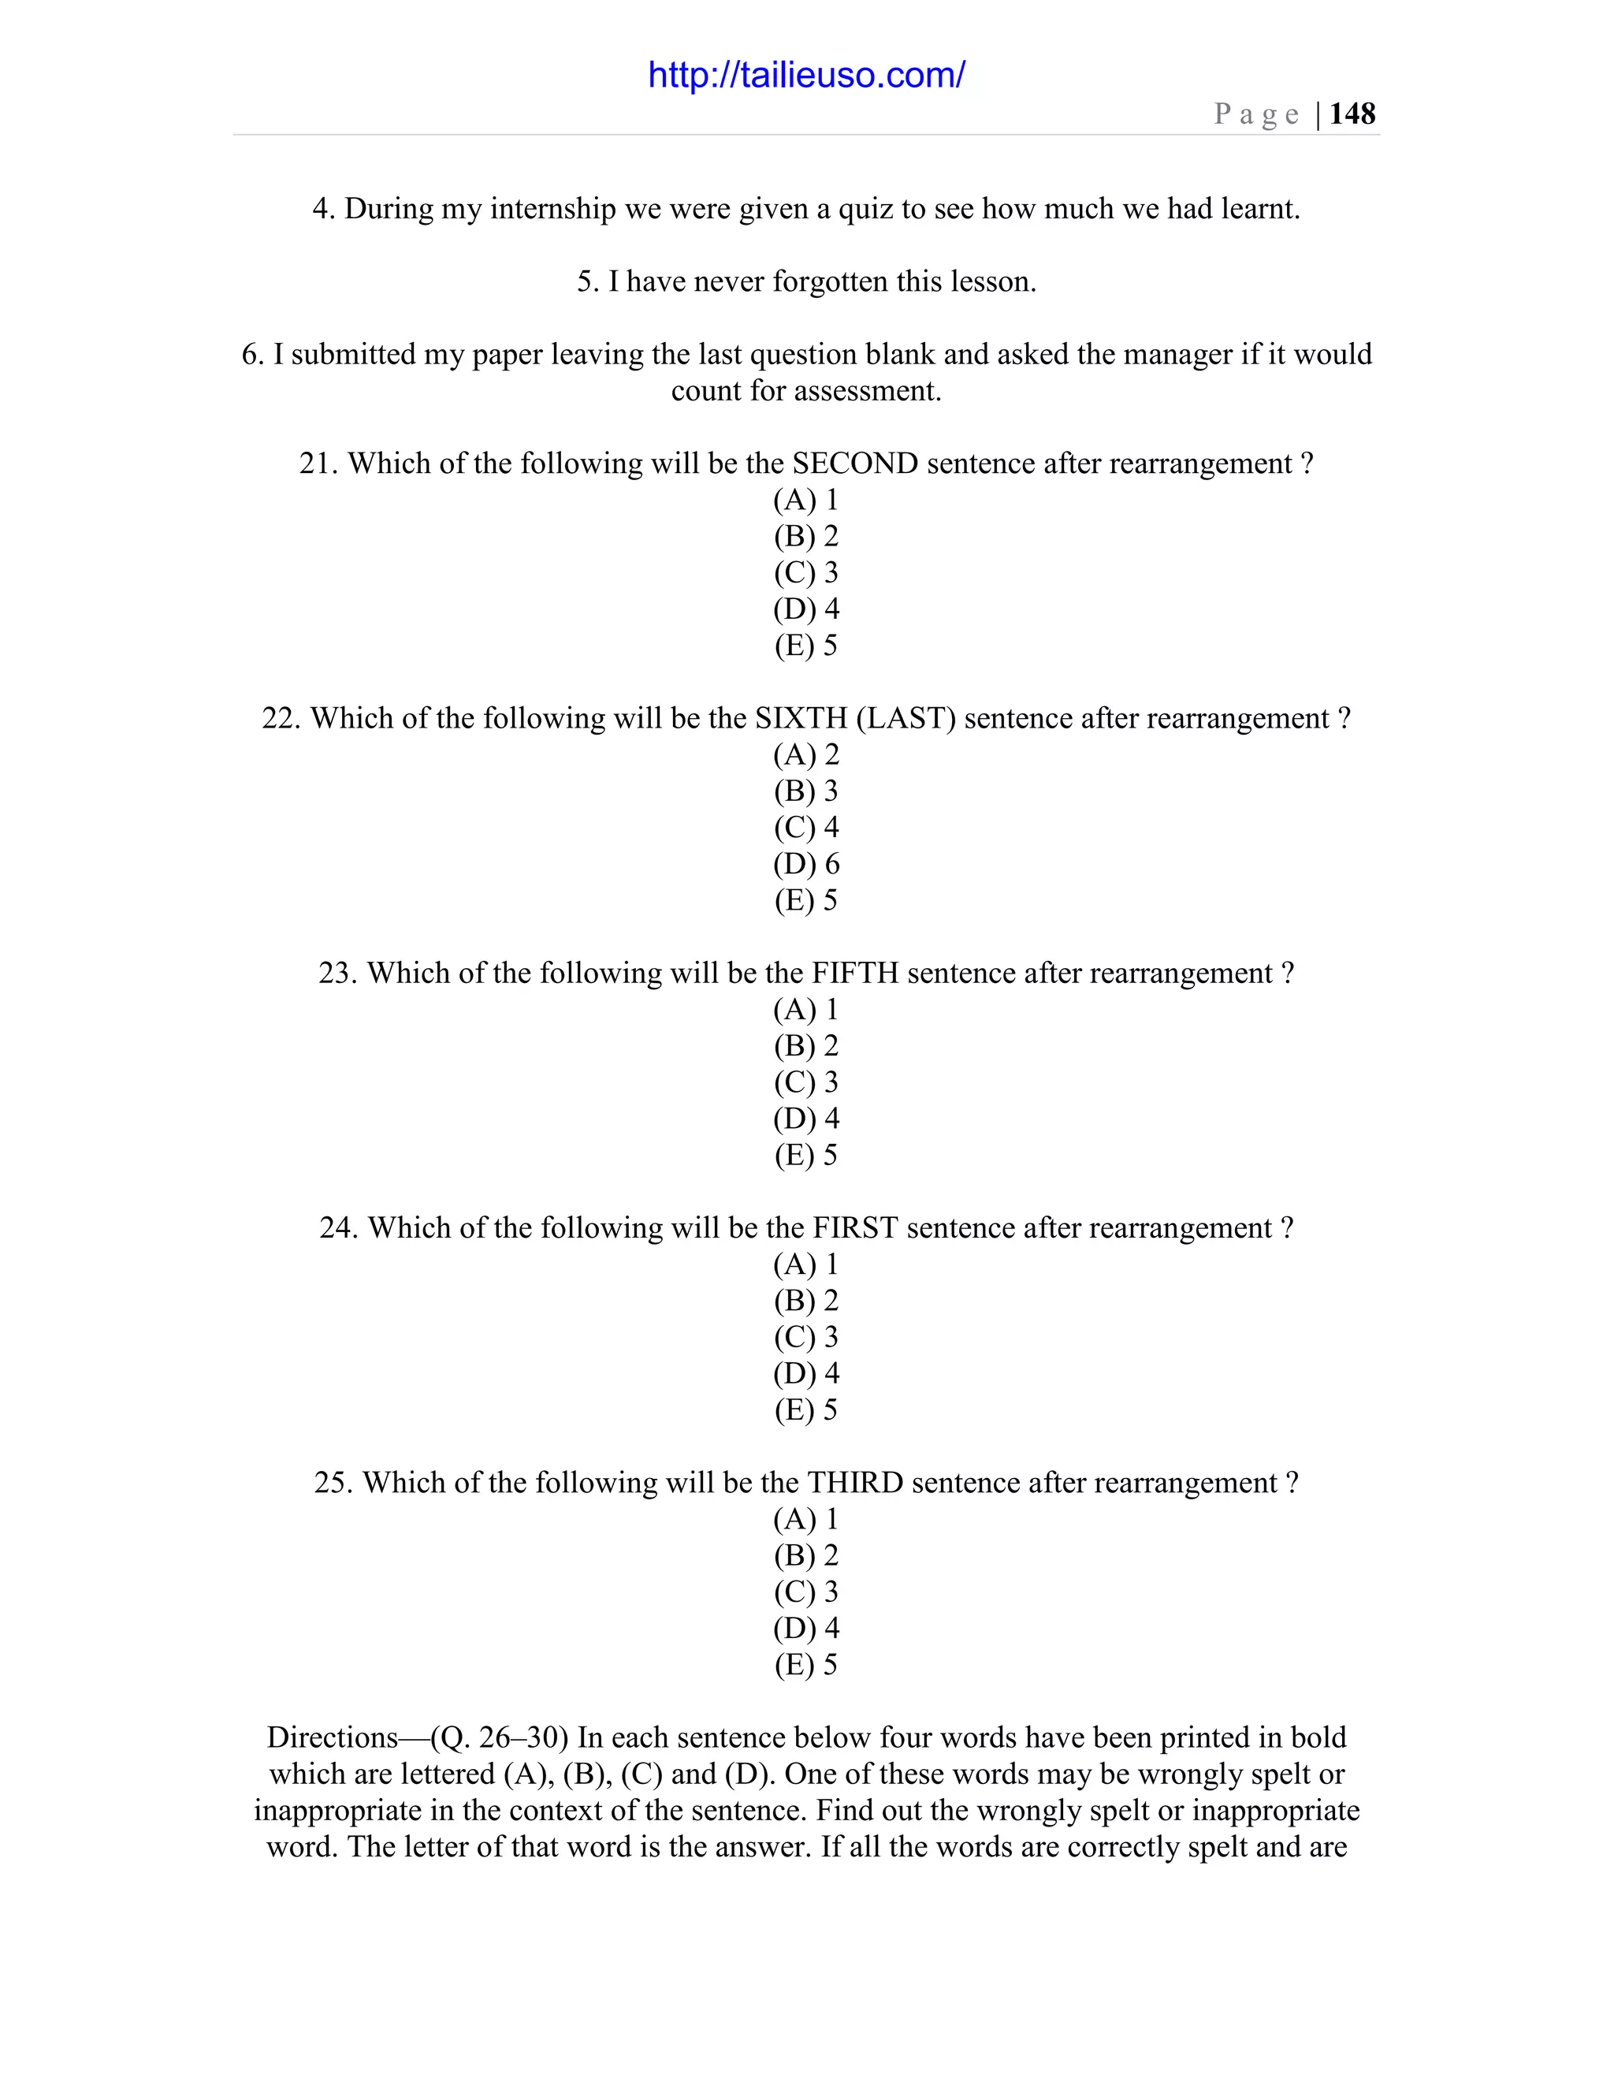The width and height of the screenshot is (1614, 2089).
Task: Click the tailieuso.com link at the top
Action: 806,75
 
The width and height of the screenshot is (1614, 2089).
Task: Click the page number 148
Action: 1352,114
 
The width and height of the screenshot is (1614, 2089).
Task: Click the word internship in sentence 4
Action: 552,209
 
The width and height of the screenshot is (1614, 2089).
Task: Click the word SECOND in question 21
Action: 855,463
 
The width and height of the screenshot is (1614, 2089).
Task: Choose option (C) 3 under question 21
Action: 806,572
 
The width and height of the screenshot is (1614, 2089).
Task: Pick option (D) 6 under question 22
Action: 806,864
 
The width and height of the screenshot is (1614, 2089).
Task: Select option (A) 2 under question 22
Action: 806,754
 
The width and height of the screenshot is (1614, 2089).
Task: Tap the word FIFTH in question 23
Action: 855,973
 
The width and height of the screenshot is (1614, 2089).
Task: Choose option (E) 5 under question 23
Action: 806,1155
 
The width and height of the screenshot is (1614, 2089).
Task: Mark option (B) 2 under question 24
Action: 806,1301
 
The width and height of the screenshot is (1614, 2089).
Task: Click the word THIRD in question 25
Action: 855,1483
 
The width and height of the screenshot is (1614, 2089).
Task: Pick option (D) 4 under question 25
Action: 806,1628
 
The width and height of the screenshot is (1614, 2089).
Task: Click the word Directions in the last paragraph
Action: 332,1737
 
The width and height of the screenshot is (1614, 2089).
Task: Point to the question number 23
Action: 337,973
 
